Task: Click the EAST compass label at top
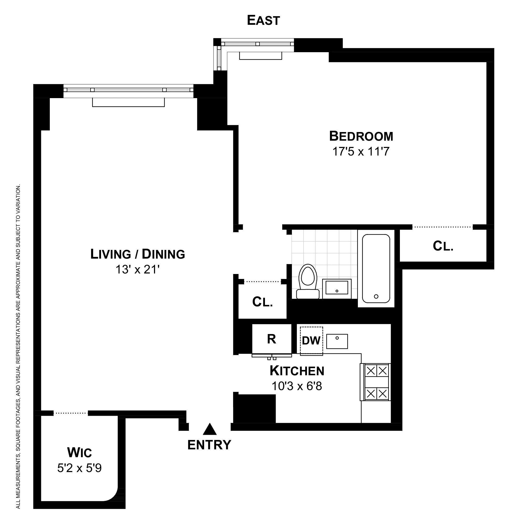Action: click(x=263, y=21)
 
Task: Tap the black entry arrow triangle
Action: click(x=209, y=429)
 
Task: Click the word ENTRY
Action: click(x=209, y=445)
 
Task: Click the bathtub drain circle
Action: click(x=376, y=296)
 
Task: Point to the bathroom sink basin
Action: click(x=337, y=288)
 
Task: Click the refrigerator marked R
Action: click(x=271, y=339)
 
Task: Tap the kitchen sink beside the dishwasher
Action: click(x=337, y=341)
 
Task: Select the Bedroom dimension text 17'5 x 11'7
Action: click(x=361, y=152)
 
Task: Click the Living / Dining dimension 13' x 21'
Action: click(x=138, y=270)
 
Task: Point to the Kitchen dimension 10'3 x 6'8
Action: click(x=297, y=386)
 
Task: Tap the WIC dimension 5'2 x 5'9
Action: click(x=79, y=468)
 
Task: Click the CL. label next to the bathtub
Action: click(x=443, y=246)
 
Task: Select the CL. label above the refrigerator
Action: click(x=262, y=302)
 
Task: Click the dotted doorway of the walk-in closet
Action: click(x=71, y=413)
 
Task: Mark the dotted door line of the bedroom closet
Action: click(x=442, y=227)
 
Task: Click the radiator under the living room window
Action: click(x=128, y=102)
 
